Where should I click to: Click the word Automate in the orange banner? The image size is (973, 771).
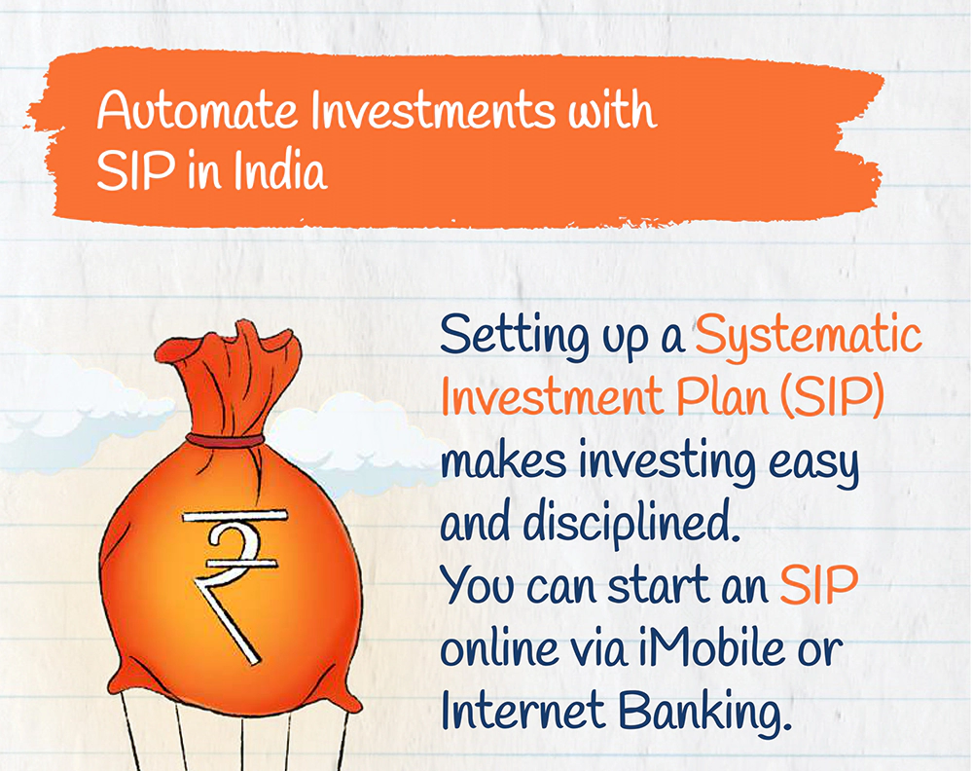pyautogui.click(x=198, y=111)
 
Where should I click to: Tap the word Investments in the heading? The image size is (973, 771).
pyautogui.click(x=433, y=111)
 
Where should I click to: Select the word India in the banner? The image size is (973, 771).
pyautogui.click(x=280, y=170)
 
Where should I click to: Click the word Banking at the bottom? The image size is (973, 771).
pyautogui.click(x=705, y=712)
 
